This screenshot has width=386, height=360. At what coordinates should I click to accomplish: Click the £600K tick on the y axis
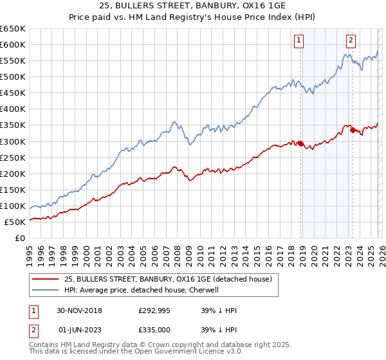click(x=14, y=44)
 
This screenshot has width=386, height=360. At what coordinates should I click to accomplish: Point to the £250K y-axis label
click(x=14, y=157)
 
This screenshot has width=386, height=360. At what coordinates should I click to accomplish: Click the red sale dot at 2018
click(x=301, y=143)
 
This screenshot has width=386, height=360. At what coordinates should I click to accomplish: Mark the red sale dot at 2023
click(x=353, y=130)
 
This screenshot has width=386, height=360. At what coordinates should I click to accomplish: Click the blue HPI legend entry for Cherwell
click(x=142, y=290)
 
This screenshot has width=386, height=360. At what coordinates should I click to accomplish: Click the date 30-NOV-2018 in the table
click(x=79, y=310)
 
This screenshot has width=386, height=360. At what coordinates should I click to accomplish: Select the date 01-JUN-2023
click(x=79, y=329)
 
